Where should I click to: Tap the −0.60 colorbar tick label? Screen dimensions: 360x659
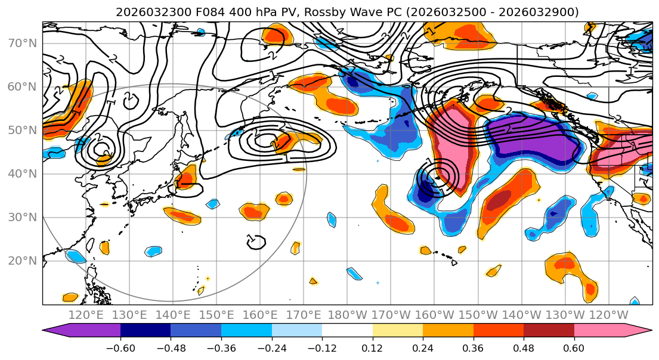[120, 347]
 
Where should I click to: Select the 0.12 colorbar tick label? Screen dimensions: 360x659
[372, 347]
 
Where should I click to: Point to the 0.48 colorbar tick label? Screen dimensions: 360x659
[524, 347]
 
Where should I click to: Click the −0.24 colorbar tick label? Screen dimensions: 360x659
[271, 347]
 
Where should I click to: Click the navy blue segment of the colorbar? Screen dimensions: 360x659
[146, 331]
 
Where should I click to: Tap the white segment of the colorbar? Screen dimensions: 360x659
[347, 331]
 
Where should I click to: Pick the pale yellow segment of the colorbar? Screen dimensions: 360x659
[398, 331]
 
